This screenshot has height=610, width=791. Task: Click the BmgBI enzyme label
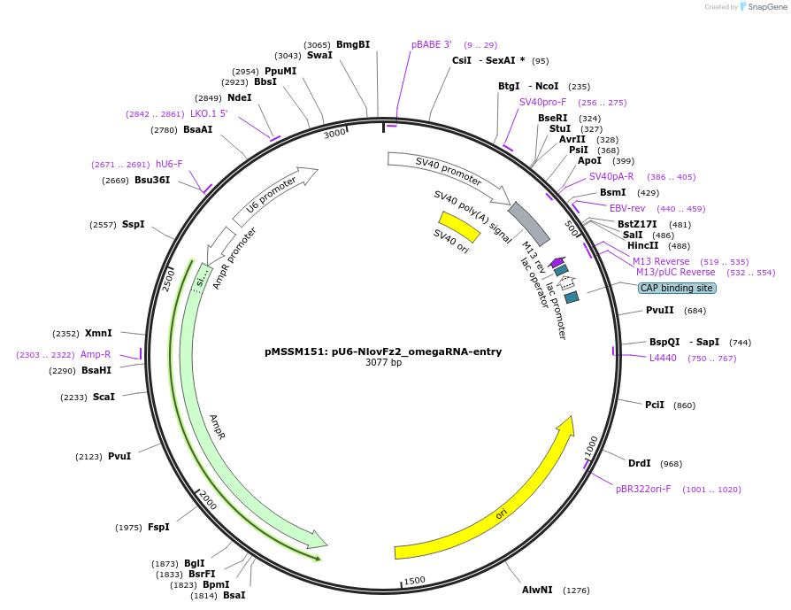coord(353,44)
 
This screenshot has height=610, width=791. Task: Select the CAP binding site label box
coord(677,288)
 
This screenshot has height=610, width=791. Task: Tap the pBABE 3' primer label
coord(431,44)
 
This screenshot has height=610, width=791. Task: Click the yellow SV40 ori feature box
coord(459,225)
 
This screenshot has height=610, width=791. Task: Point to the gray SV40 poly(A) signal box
coord(528,224)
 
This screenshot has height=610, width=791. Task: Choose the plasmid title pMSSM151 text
coord(383,351)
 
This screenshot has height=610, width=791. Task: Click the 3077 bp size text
coord(383,363)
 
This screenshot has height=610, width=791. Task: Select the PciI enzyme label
coord(654,405)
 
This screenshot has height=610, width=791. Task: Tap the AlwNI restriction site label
coord(537,590)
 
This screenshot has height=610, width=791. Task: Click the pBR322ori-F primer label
coord(643,489)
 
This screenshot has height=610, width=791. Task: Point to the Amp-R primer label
coord(96,354)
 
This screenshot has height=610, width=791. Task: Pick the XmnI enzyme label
coord(98,333)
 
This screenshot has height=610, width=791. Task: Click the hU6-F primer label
coord(169,164)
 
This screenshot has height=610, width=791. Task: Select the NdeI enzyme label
coord(239,97)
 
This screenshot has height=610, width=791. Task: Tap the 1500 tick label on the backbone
coord(415,581)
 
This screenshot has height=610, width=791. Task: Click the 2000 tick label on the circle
coord(207,498)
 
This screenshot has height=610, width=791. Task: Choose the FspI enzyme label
coord(158,527)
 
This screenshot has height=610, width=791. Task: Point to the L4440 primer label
coord(663,358)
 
